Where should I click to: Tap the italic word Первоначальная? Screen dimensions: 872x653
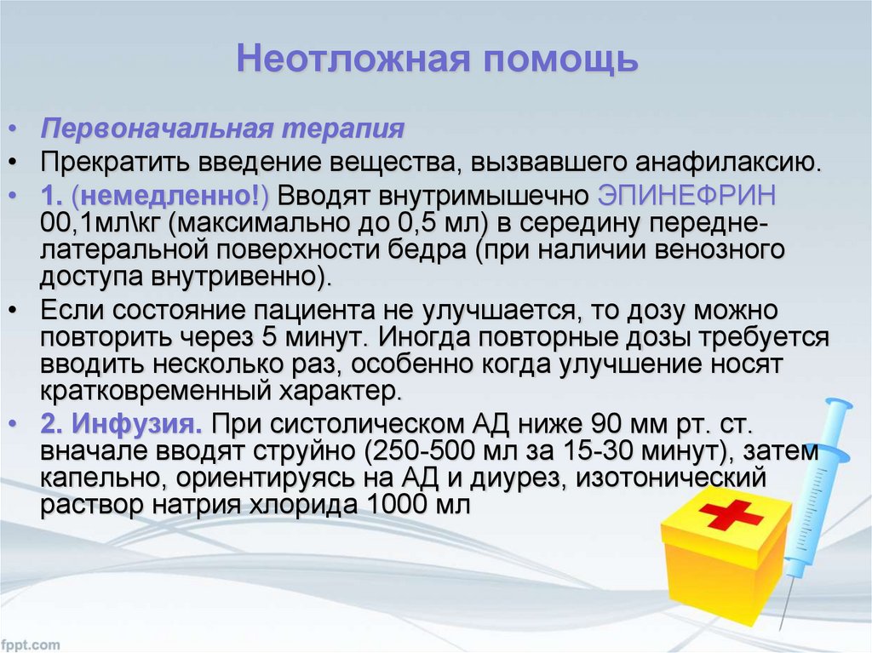157,129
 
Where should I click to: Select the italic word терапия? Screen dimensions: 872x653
342,130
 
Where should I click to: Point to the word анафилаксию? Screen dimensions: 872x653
729,163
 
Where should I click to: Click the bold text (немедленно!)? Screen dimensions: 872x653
170,196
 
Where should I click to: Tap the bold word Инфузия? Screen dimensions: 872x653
136,425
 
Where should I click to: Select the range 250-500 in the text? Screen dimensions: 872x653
427,451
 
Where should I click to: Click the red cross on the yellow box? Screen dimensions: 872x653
731,514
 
